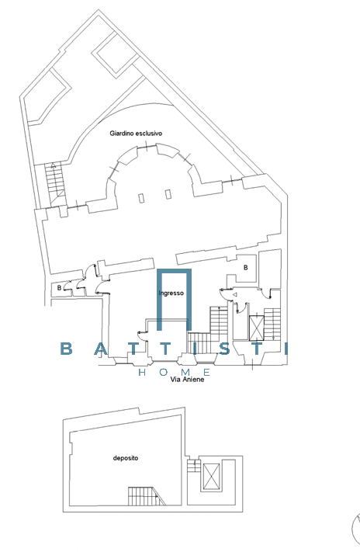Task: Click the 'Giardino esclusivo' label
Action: tap(136, 134)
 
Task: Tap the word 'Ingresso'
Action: tap(171, 293)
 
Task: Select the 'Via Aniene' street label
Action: tap(187, 379)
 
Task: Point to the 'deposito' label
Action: tap(126, 458)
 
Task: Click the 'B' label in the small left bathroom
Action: tap(59, 287)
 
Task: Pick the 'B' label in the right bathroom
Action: tap(246, 268)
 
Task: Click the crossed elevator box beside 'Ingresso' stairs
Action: tap(256, 328)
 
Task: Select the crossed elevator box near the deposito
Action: tap(212, 477)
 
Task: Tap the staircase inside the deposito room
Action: tap(146, 495)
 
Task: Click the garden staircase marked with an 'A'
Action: tap(56, 184)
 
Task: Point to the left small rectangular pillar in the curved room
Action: tap(141, 198)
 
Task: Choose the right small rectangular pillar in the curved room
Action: tap(168, 194)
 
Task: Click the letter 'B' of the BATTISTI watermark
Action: tap(66, 349)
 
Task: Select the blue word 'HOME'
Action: tap(175, 372)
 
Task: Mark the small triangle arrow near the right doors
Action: tap(235, 294)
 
